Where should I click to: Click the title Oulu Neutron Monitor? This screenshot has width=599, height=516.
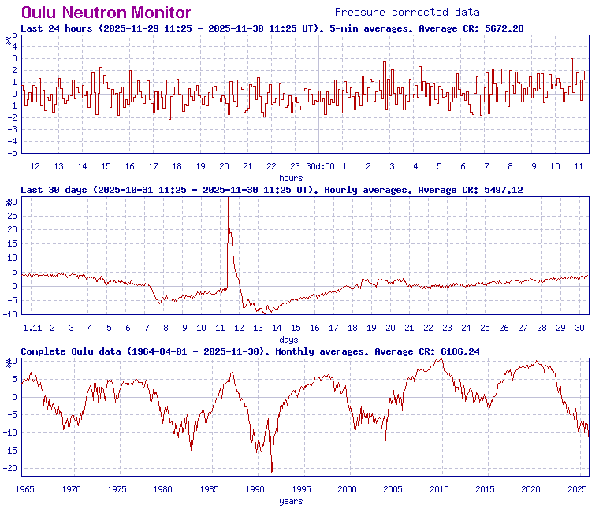click(x=106, y=13)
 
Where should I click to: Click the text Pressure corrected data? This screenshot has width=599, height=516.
click(x=407, y=12)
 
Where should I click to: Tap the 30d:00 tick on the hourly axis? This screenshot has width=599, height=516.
click(x=320, y=166)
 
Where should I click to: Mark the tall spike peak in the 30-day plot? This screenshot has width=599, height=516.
click(x=228, y=199)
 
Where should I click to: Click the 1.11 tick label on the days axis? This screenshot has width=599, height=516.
click(x=32, y=328)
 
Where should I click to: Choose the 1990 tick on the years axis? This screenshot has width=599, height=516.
click(x=255, y=489)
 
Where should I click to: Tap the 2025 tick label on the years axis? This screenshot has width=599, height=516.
click(x=577, y=489)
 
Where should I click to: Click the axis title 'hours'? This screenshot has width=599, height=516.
click(x=291, y=178)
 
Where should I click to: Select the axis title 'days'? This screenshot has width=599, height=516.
click(x=288, y=340)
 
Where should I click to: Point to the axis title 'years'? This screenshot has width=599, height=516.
click(x=291, y=501)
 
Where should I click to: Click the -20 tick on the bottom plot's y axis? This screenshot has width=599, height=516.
click(x=10, y=468)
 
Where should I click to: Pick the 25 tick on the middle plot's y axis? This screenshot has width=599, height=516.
click(x=12, y=215)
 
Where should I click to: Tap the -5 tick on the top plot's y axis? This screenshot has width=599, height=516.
click(x=12, y=153)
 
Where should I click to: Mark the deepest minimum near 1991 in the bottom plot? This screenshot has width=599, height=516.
click(x=272, y=473)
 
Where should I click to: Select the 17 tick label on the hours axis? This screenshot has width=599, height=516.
click(x=153, y=166)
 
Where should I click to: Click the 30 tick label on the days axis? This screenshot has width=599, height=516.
click(x=580, y=328)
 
